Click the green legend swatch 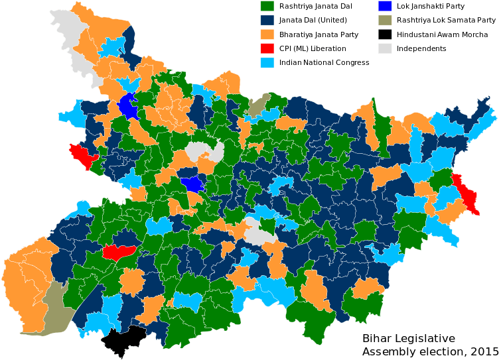click(267, 6)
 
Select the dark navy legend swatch click(267, 20)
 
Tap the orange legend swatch click(267, 34)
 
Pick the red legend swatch click(267, 48)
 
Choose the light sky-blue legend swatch click(267, 62)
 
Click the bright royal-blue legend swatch click(385, 6)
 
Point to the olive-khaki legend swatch click(385, 20)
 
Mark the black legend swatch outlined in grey click(385, 34)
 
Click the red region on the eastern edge click(466, 193)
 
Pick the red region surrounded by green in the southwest click(119, 251)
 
